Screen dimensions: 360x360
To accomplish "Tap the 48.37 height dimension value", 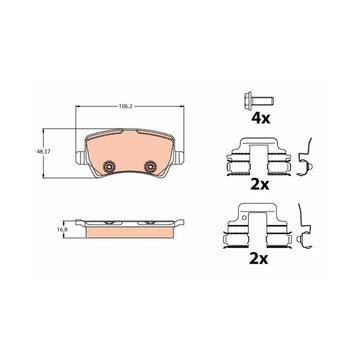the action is (42, 151).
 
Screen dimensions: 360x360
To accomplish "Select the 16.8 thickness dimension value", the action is (60, 229).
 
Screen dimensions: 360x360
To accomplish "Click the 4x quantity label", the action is (260, 118).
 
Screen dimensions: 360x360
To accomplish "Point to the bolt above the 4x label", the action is (259, 99).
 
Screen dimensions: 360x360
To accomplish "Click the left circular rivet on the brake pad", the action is (108, 165).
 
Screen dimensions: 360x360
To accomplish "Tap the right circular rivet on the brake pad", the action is (150, 166).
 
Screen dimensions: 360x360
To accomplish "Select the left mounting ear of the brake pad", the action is (80, 157).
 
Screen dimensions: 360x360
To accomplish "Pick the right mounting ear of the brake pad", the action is (179, 157).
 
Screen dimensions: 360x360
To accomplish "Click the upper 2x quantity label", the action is (260, 184).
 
